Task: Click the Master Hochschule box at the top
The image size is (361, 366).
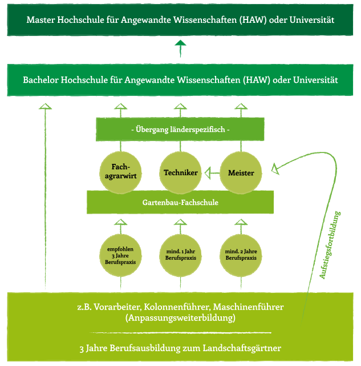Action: (x=180, y=20)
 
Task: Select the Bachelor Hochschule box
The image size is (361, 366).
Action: (x=180, y=80)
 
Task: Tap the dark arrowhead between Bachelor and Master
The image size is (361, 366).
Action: (x=180, y=45)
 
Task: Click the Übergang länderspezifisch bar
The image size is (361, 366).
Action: (x=180, y=130)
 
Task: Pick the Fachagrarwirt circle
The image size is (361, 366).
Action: (x=120, y=172)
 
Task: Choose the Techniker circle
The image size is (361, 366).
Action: (x=180, y=172)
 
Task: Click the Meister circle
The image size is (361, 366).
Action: (x=240, y=172)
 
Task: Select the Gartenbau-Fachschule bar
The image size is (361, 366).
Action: (x=180, y=202)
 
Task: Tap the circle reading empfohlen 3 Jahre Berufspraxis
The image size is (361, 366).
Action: (x=120, y=254)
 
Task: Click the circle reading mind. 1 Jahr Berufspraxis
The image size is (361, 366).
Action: (x=180, y=254)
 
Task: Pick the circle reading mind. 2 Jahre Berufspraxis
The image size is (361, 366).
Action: (x=240, y=254)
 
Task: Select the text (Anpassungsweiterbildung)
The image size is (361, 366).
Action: (x=180, y=318)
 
